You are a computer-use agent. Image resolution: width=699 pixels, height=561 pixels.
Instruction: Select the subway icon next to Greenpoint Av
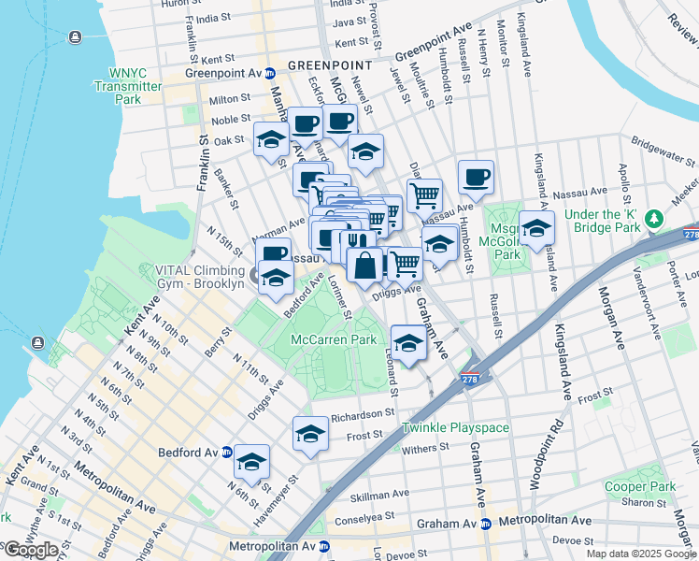point(269,73)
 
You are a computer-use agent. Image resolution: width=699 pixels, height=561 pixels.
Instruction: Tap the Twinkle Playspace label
point(455,427)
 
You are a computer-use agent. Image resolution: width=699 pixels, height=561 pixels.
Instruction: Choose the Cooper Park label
point(639,486)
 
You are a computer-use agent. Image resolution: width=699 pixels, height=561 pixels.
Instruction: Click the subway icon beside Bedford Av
point(227,453)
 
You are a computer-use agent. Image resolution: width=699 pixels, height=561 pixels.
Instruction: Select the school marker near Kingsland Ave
point(536,227)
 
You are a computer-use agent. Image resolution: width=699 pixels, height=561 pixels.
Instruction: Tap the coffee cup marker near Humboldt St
point(476,176)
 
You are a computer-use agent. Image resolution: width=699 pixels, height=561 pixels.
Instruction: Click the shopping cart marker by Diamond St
point(424,195)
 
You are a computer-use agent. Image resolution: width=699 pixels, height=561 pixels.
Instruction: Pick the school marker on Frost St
point(310,433)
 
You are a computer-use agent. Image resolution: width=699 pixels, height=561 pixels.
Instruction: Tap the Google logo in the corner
point(30,549)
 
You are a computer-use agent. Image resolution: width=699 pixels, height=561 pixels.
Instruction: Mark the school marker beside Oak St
point(271,139)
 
